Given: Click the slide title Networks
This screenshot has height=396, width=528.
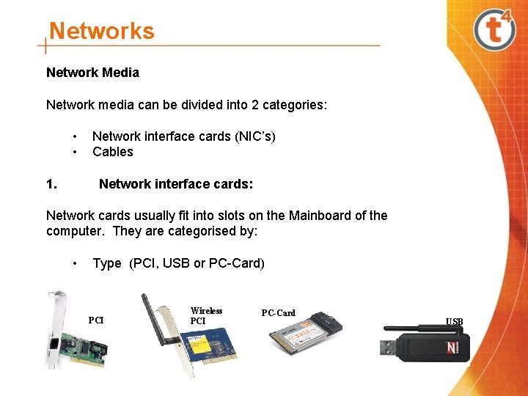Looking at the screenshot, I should point(101,32).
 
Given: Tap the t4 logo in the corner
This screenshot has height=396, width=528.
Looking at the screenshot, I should point(495,30).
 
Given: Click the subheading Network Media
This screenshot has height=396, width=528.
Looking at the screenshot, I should point(92,73).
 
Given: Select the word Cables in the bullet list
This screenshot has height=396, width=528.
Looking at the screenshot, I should point(113,152).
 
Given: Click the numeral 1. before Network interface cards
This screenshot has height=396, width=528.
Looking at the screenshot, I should point(51,184).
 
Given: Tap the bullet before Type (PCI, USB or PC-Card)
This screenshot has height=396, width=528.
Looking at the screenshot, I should point(76,263).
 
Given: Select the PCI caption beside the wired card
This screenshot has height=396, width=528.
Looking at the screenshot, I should point(96,320).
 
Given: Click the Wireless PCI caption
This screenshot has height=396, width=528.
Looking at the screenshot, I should point(206,316).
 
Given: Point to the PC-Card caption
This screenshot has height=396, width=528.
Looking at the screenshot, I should point(279,313).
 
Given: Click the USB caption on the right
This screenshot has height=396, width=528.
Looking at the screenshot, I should point(454,322).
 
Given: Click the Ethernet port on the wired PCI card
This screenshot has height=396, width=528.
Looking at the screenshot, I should point(54,340).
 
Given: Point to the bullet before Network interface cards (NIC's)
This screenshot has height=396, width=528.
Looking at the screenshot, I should point(76,136).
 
